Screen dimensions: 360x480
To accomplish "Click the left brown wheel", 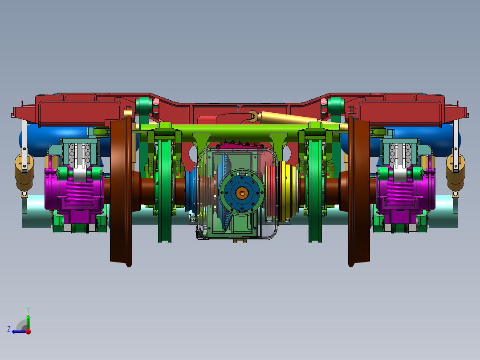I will (x=121, y=192).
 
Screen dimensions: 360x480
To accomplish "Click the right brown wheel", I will (x=359, y=192).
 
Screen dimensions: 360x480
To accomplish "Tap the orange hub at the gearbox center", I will (x=242, y=192).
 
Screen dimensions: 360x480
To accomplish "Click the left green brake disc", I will (x=164, y=187).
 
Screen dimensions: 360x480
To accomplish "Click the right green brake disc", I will (x=316, y=187).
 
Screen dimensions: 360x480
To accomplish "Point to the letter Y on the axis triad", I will (x=28, y=309).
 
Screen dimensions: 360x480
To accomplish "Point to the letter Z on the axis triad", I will (x=9, y=329).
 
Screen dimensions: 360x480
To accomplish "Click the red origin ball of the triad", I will (x=28, y=331).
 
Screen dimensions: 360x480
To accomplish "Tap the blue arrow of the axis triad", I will (x=18, y=331).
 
